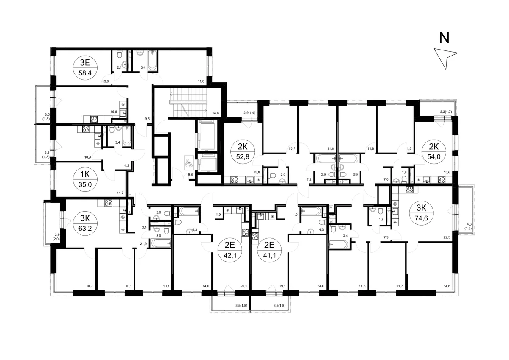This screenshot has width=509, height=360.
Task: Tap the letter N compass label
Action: pos(444,38)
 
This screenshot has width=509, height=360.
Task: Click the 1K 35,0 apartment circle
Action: pos(85,179)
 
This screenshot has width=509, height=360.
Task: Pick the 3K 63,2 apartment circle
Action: pos(85,223)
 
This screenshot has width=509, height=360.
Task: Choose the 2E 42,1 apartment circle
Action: pos(230,250)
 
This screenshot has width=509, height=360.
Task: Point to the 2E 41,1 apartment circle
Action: pos(269,250)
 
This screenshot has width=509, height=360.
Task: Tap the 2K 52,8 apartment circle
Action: pos(243,151)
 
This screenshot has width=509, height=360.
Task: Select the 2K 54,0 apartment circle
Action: pos(434,151)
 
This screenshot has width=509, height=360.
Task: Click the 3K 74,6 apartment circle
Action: pos(421,213)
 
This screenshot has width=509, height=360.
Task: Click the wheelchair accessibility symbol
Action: pos(189,162)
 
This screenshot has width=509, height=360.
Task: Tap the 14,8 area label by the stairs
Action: pos(215,113)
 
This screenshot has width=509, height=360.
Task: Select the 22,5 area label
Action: pos(447,237)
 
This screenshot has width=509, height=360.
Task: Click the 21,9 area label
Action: pos(143,244)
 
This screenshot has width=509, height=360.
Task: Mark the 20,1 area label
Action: pos(243,286)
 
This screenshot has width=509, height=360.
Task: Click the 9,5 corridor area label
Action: pos(147,119)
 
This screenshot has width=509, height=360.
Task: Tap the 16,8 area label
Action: pos(114,112)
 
